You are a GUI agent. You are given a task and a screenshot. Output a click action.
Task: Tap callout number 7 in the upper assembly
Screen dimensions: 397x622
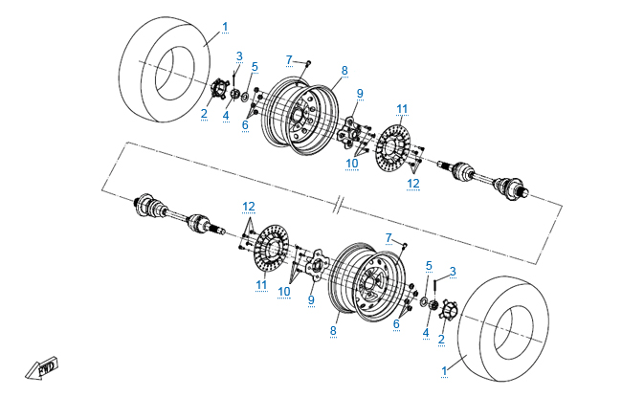(288, 60)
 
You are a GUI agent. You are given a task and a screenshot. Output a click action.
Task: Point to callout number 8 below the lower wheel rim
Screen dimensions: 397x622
(333, 330)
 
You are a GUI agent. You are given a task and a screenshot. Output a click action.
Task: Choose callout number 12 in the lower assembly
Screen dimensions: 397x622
(249, 206)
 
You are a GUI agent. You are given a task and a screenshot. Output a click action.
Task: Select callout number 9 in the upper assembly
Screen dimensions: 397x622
(360, 93)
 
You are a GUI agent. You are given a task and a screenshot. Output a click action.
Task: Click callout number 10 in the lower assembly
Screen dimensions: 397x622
(284, 291)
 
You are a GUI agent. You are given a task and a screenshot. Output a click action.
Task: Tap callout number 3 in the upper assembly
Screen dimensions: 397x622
(239, 55)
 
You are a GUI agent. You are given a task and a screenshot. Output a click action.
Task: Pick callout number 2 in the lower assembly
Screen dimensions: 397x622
(441, 339)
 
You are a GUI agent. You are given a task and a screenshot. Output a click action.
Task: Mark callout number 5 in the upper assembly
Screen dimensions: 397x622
(255, 66)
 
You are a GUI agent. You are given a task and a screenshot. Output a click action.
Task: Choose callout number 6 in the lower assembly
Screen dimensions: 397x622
(395, 324)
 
